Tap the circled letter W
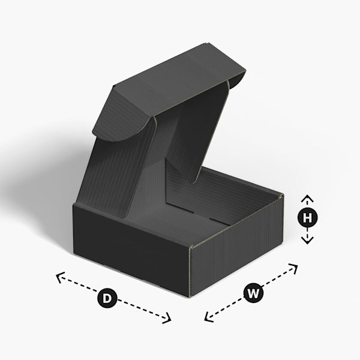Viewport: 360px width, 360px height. [x=253, y=293]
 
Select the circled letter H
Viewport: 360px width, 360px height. [x=307, y=218]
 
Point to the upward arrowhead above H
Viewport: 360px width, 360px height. [x=307, y=197]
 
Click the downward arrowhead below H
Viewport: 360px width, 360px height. [x=307, y=240]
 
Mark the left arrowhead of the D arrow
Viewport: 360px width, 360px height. [x=59, y=276]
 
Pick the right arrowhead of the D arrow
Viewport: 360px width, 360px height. [x=169, y=319]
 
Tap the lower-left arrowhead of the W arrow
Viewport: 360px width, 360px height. [x=208, y=318]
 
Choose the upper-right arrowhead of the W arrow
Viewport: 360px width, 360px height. [x=295, y=266]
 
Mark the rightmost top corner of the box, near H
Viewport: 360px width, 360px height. [x=283, y=195]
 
